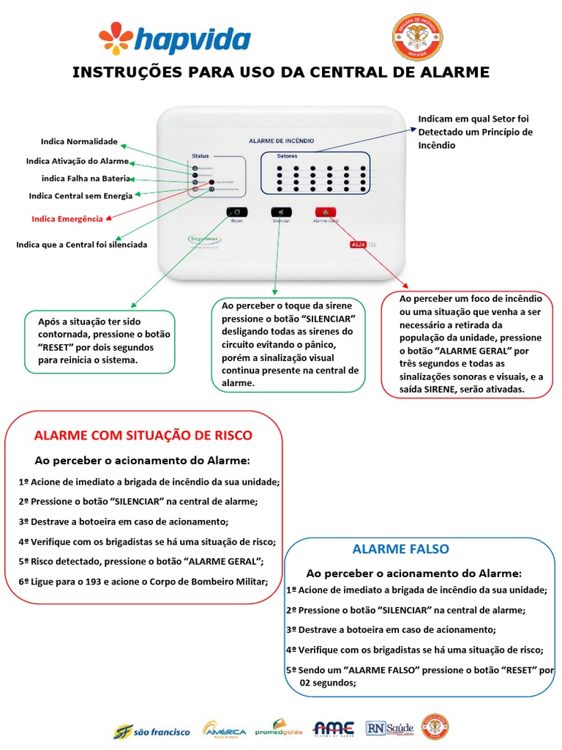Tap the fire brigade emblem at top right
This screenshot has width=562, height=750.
click(418, 37)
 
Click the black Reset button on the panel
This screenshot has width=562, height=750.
click(237, 212)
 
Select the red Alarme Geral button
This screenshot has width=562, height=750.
click(326, 212)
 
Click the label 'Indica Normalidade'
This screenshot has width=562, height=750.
click(79, 141)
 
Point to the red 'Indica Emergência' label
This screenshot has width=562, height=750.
click(67, 218)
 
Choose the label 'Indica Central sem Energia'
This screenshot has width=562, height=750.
click(80, 196)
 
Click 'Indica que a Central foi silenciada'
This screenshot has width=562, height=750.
click(81, 245)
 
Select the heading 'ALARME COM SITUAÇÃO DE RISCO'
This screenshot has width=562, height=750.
click(143, 435)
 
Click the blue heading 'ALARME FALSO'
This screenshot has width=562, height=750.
click(400, 549)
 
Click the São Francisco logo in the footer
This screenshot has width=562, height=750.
click(151, 730)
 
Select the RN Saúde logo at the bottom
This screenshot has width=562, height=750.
click(389, 728)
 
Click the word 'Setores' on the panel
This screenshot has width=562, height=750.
click(287, 156)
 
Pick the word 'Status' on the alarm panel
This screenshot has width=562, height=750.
click(201, 156)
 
